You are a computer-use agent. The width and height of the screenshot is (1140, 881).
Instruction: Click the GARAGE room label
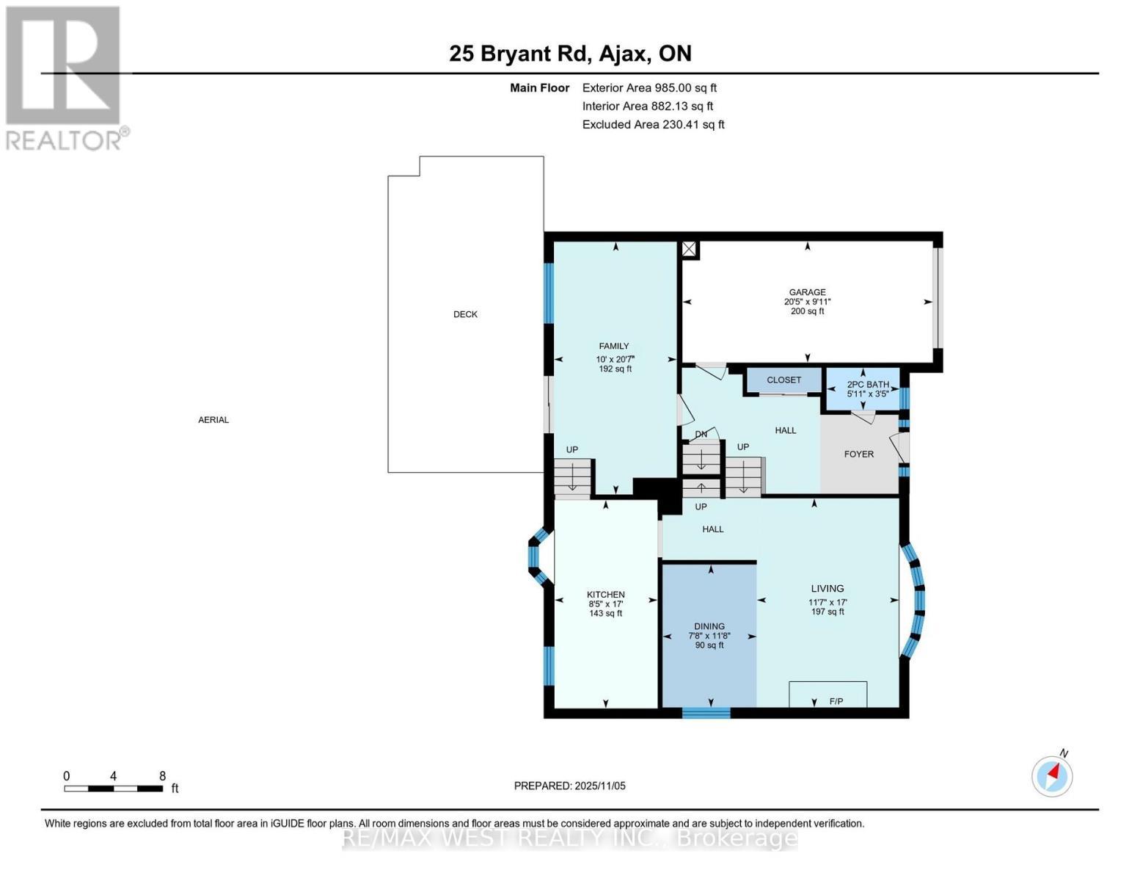[807, 292]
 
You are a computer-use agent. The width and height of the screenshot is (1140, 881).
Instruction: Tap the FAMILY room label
[613, 347]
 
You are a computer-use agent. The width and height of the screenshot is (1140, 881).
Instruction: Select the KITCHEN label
[605, 595]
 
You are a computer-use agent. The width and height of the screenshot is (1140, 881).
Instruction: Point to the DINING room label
[709, 626]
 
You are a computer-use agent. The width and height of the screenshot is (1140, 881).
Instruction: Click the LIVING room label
[827, 589]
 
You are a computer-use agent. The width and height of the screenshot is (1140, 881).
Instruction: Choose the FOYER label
[858, 454]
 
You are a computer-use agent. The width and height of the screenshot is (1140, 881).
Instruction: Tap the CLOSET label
[783, 380]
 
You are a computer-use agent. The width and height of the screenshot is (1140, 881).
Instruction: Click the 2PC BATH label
[867, 385]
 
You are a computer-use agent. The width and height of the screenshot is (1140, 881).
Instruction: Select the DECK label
[465, 314]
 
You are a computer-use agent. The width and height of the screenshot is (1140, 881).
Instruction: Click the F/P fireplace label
[836, 701]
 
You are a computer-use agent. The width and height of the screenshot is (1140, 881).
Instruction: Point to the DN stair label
[701, 434]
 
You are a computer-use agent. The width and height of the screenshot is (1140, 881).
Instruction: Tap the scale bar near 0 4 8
[113, 788]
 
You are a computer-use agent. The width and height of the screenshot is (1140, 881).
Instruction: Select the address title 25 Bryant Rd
[570, 54]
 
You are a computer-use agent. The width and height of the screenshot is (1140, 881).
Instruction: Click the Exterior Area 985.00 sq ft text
[648, 87]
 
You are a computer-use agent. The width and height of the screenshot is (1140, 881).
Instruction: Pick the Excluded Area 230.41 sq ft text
[653, 125]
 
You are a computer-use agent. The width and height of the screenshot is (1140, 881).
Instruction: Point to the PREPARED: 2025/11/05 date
[569, 786]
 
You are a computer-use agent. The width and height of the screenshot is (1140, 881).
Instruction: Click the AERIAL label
[213, 420]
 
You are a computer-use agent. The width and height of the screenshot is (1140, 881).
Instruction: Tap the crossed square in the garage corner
[688, 250]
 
